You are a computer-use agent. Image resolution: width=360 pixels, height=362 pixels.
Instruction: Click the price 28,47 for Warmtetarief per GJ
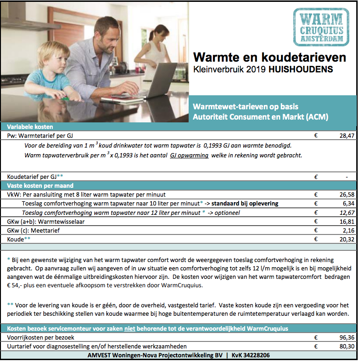pyautogui.click(x=346, y=135)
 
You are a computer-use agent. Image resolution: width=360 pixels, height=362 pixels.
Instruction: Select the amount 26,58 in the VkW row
pyautogui.click(x=346, y=194)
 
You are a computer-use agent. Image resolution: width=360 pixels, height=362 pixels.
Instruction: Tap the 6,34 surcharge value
pyautogui.click(x=348, y=204)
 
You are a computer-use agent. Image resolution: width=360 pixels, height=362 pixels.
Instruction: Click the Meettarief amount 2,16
pyautogui.click(x=348, y=230)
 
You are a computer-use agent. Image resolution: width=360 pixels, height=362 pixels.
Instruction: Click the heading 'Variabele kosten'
pyautogui.click(x=27, y=127)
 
